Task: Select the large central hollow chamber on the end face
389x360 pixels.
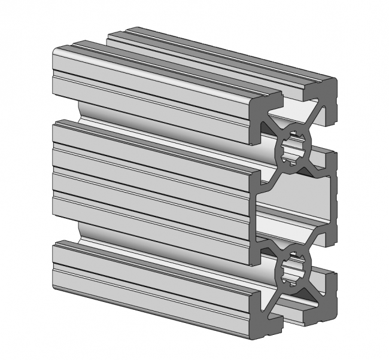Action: (293, 206)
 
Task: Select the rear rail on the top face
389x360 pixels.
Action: (227, 54)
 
